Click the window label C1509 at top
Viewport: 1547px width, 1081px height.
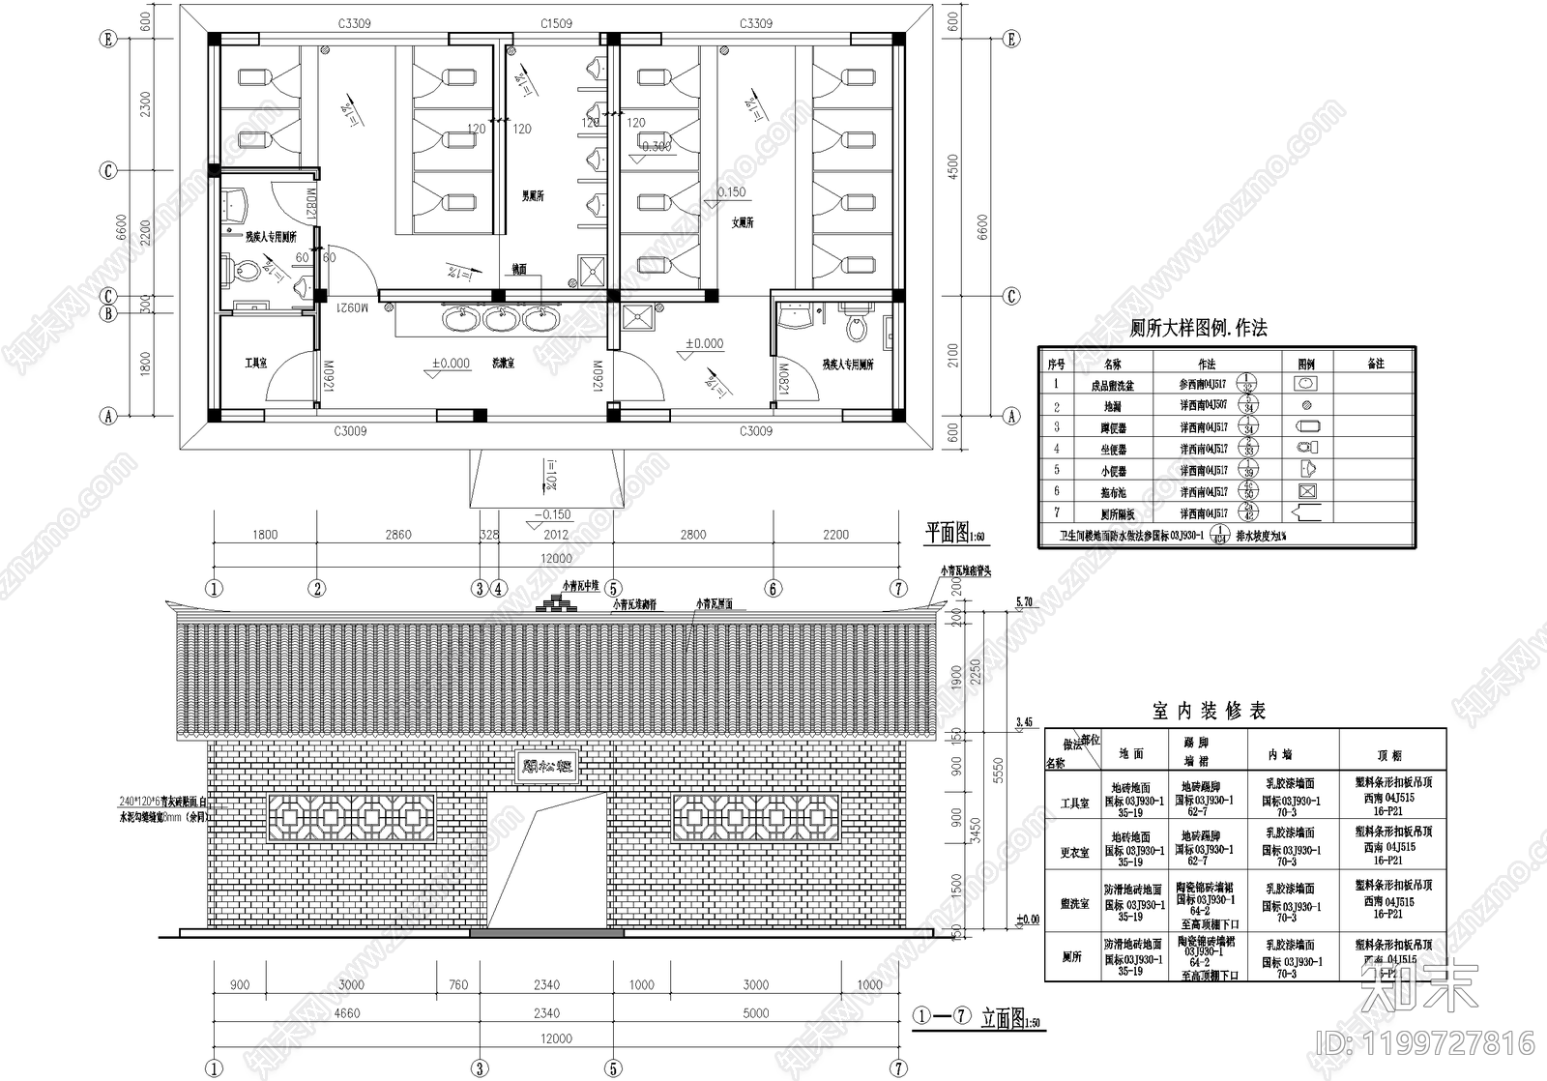[x=556, y=23]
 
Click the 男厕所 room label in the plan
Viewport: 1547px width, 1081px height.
[x=533, y=195]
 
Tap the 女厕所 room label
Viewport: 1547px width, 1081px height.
[x=743, y=222]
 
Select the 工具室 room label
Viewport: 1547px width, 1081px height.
[x=255, y=364]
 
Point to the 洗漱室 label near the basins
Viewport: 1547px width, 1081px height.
[x=503, y=364]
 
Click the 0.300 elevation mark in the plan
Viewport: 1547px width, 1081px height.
[x=657, y=147]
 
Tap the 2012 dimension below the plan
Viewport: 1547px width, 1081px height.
[x=556, y=535]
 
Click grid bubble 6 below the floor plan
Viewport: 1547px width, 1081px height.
[x=773, y=588]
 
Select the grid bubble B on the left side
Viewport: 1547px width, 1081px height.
[x=109, y=313]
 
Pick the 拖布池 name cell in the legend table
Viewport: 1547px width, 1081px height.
[x=1112, y=492]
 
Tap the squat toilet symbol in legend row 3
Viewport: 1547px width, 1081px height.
[x=1306, y=426]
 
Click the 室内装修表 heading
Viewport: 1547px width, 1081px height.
[x=1209, y=711]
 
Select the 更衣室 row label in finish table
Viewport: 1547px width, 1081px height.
[x=1074, y=853]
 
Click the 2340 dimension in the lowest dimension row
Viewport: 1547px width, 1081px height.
[x=545, y=1013]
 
